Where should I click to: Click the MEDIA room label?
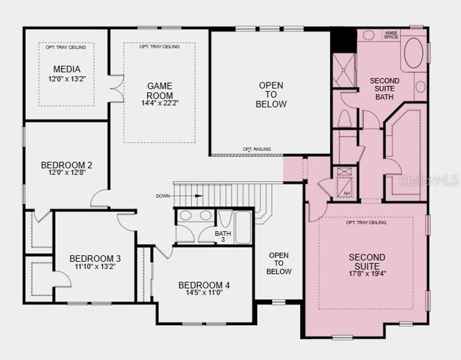point(67,69)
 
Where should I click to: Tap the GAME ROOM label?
point(159,90)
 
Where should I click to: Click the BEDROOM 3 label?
point(95,259)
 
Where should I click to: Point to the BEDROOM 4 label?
point(204,285)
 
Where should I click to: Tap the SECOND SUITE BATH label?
point(384,89)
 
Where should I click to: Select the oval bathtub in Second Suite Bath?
point(413,53)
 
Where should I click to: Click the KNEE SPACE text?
point(391,35)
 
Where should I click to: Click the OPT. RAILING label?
point(257,149)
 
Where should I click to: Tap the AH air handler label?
point(346,193)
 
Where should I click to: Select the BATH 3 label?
point(222,236)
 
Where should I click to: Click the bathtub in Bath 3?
point(243,227)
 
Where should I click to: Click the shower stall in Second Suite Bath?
point(344,70)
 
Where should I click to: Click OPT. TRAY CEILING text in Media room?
point(66,47)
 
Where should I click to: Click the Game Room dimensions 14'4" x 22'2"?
point(159,103)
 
